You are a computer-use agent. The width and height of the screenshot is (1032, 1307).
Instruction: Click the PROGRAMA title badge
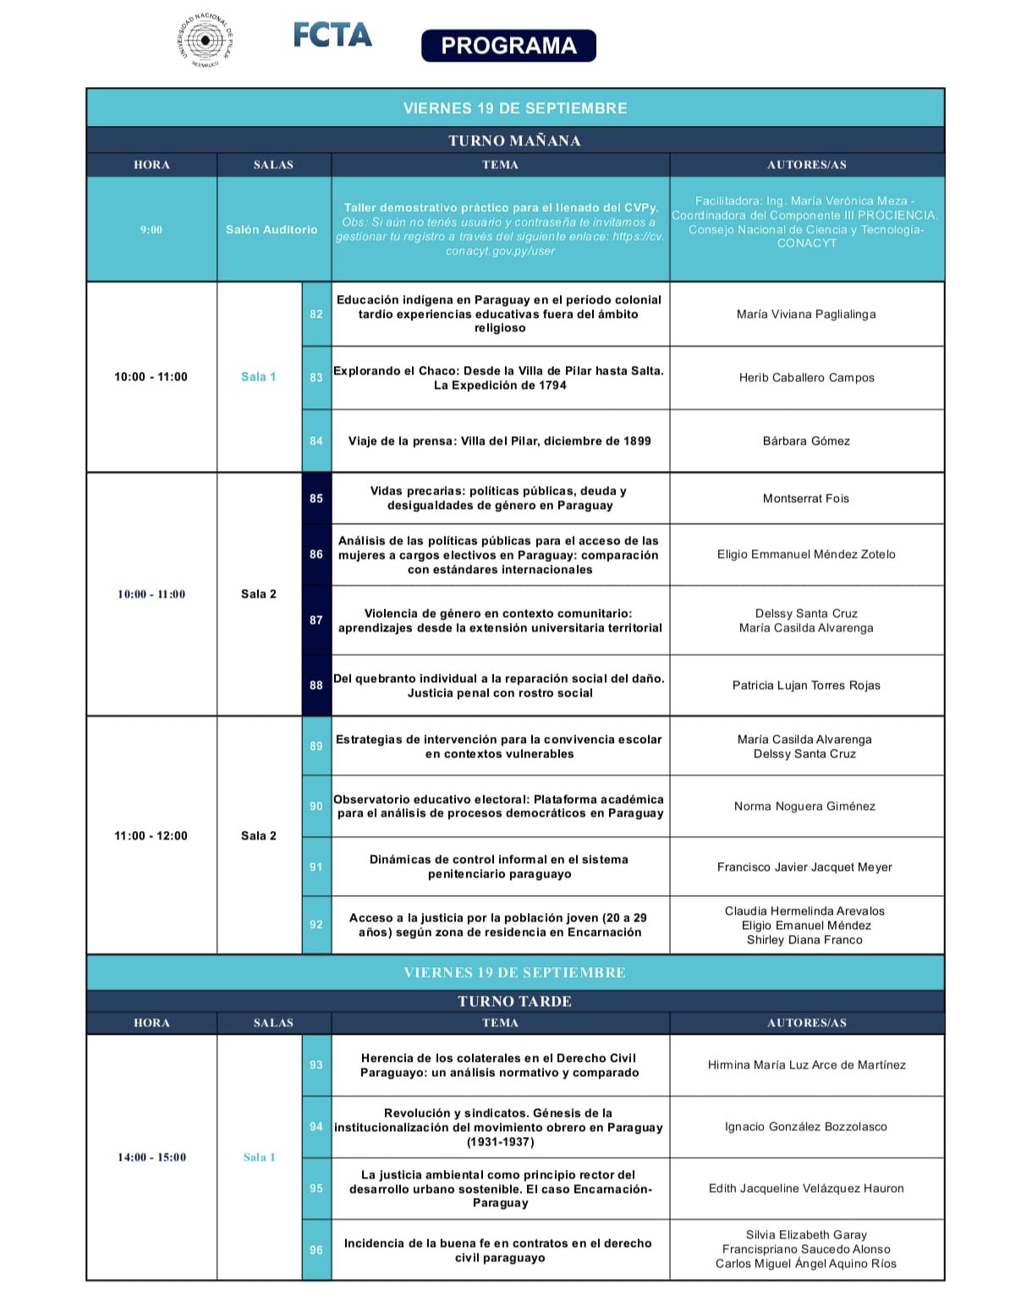coord(508,46)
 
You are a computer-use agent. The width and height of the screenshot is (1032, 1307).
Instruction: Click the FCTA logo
coord(332,35)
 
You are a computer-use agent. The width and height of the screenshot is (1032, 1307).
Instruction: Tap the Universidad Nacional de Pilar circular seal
coord(206,39)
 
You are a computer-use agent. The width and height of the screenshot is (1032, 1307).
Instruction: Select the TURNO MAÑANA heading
coord(514,140)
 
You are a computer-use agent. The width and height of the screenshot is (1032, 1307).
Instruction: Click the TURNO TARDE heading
coord(514,1001)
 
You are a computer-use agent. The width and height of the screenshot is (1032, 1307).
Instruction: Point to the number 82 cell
coord(316,314)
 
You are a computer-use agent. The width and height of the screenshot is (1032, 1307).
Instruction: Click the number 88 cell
coord(316,685)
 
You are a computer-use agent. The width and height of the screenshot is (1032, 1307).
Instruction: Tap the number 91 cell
coord(316,867)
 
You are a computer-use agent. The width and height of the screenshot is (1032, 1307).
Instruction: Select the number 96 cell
coord(316,1250)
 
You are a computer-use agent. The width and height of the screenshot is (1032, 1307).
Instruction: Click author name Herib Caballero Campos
coord(806,378)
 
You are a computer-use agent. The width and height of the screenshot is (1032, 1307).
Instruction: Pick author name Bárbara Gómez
coord(806,440)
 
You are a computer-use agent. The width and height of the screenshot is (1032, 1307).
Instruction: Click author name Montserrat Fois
coord(805,498)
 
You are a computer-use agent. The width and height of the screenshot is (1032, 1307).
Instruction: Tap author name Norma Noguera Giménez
coord(804,806)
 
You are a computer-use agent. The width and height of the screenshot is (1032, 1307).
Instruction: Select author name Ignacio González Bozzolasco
coord(805,1126)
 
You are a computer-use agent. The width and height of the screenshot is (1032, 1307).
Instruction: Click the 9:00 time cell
coord(151,229)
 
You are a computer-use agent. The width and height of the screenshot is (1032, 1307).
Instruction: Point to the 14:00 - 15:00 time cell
coord(151,1157)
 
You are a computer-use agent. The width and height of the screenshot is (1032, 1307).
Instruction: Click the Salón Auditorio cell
coord(272,229)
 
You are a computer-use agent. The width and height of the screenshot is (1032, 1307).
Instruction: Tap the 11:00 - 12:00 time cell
coord(151,835)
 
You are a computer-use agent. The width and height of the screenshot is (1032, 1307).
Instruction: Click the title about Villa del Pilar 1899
coord(499,440)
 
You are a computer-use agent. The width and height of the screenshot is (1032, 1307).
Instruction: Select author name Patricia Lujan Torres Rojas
coord(806,685)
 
